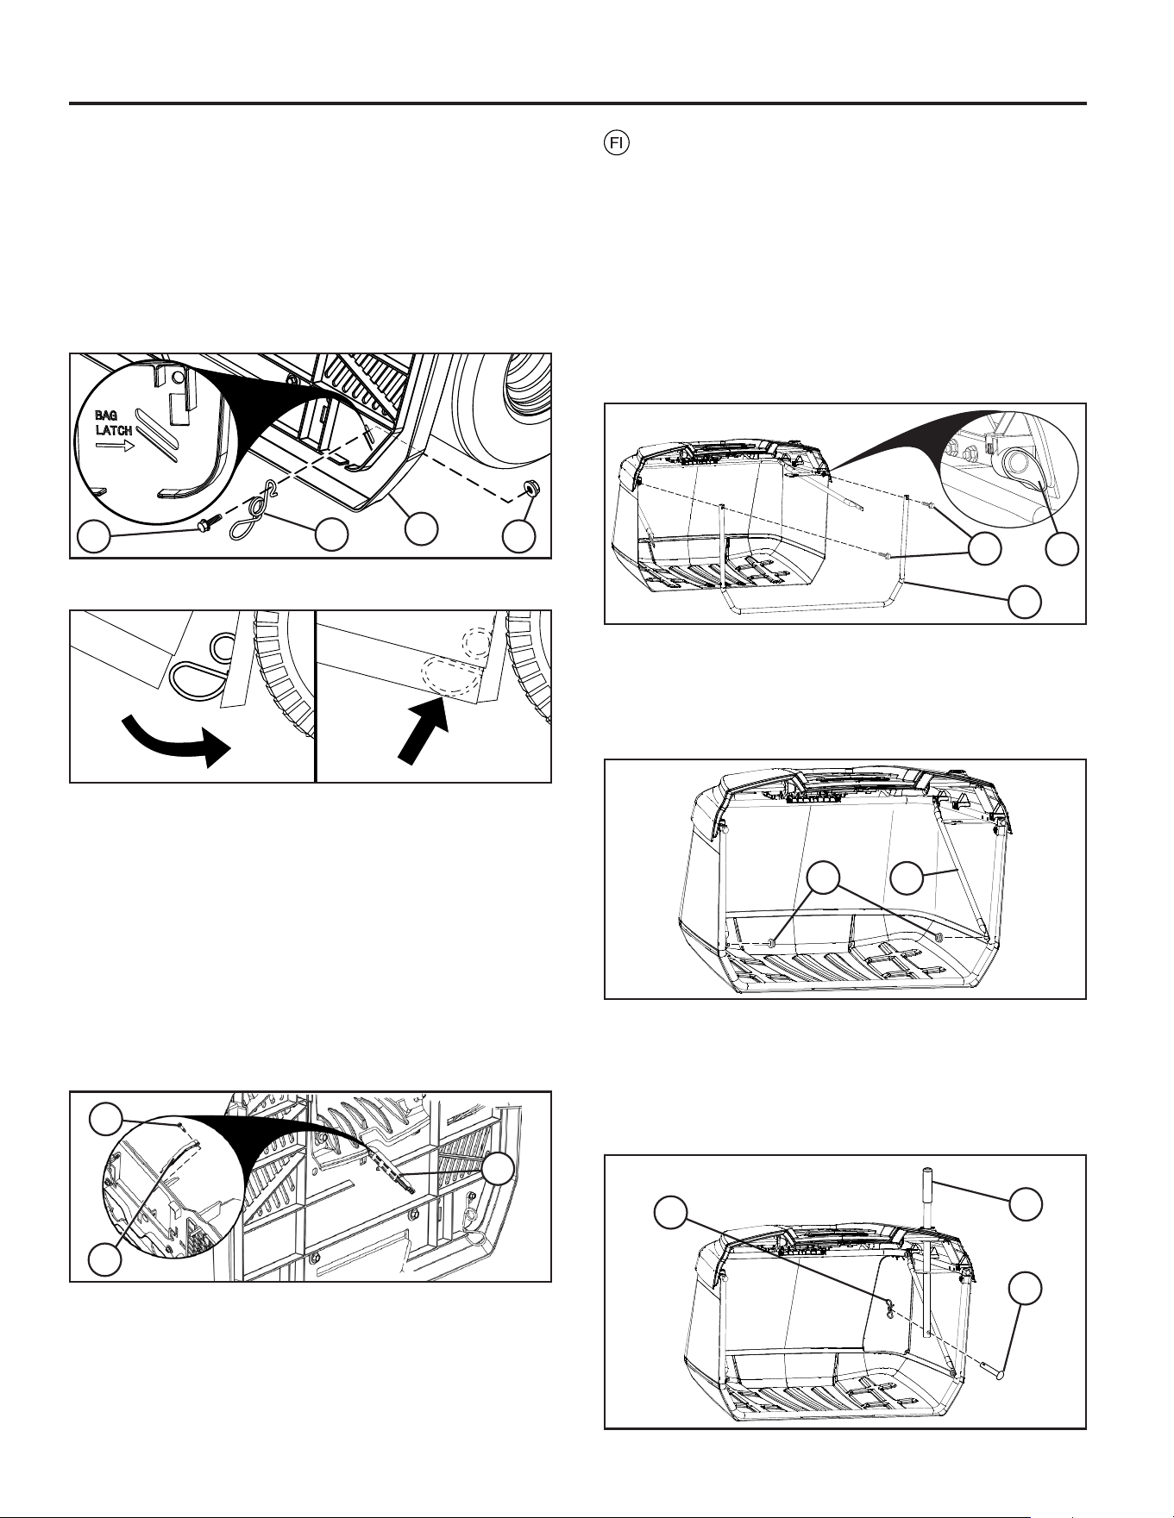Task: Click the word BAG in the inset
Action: tap(108, 415)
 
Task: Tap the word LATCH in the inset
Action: tap(113, 430)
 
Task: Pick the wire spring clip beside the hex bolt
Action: tap(251, 514)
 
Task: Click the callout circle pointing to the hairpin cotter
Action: tap(670, 1214)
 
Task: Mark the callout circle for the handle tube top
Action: tap(1025, 1203)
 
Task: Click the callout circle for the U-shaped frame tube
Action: tap(1025, 602)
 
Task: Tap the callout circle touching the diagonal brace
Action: tap(906, 880)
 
